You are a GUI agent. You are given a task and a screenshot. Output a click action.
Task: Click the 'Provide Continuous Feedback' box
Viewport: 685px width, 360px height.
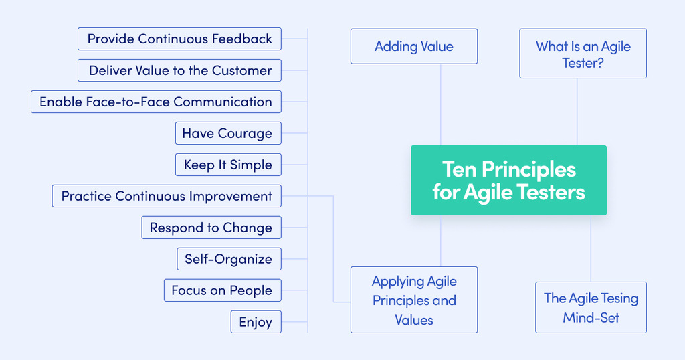tap(179, 39)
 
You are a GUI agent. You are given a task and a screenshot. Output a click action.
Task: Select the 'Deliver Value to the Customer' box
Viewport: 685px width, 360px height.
tap(180, 70)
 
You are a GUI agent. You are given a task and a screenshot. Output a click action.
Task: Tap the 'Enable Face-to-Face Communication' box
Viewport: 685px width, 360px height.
tap(156, 102)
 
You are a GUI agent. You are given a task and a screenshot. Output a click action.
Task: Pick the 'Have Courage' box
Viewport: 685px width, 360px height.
tap(227, 133)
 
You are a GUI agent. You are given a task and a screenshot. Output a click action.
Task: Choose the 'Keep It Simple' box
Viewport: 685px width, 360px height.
tap(227, 165)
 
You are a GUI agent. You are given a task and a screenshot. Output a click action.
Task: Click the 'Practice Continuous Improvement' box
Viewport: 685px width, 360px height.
tap(167, 196)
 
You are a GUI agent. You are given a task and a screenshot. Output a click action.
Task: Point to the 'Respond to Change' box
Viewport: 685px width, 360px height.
tap(211, 228)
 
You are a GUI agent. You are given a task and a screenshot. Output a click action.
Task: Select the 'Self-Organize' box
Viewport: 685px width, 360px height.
tap(228, 259)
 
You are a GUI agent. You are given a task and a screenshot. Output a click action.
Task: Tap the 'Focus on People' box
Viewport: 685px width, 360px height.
tap(222, 290)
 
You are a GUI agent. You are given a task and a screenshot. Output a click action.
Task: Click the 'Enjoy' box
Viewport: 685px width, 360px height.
tap(256, 322)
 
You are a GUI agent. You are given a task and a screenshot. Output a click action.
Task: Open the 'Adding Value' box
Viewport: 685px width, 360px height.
tap(414, 46)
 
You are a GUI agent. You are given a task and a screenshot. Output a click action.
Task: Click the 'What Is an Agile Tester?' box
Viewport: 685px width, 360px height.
tap(583, 54)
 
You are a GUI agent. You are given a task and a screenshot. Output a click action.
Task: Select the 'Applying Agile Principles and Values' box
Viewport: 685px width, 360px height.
tap(414, 300)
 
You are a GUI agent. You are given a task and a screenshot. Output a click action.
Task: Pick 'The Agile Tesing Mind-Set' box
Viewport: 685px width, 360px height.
tap(591, 308)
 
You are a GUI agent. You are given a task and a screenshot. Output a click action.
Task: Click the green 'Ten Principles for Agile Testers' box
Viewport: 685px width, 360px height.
tap(508, 180)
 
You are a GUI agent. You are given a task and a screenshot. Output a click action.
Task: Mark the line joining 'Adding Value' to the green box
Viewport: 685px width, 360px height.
tap(440, 104)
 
